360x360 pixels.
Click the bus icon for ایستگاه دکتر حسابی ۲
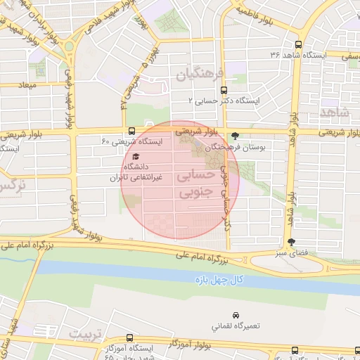[224, 90]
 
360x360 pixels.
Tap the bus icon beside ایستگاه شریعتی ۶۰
[132, 131]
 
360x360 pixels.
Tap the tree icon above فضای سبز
[302, 241]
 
